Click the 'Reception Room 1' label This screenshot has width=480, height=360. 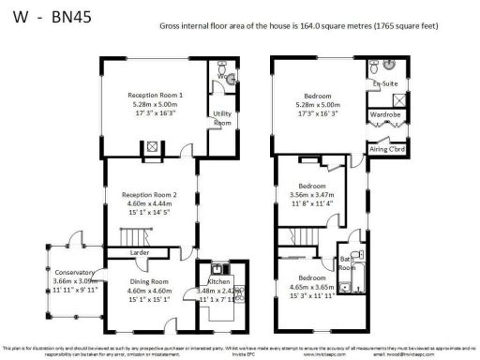tap(156, 95)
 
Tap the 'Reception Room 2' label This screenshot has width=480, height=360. tap(149, 195)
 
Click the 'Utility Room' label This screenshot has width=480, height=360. tap(222, 118)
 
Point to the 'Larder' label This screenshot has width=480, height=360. tap(140, 252)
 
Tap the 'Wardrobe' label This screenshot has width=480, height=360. tap(384, 114)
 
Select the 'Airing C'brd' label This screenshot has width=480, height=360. tap(384, 148)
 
